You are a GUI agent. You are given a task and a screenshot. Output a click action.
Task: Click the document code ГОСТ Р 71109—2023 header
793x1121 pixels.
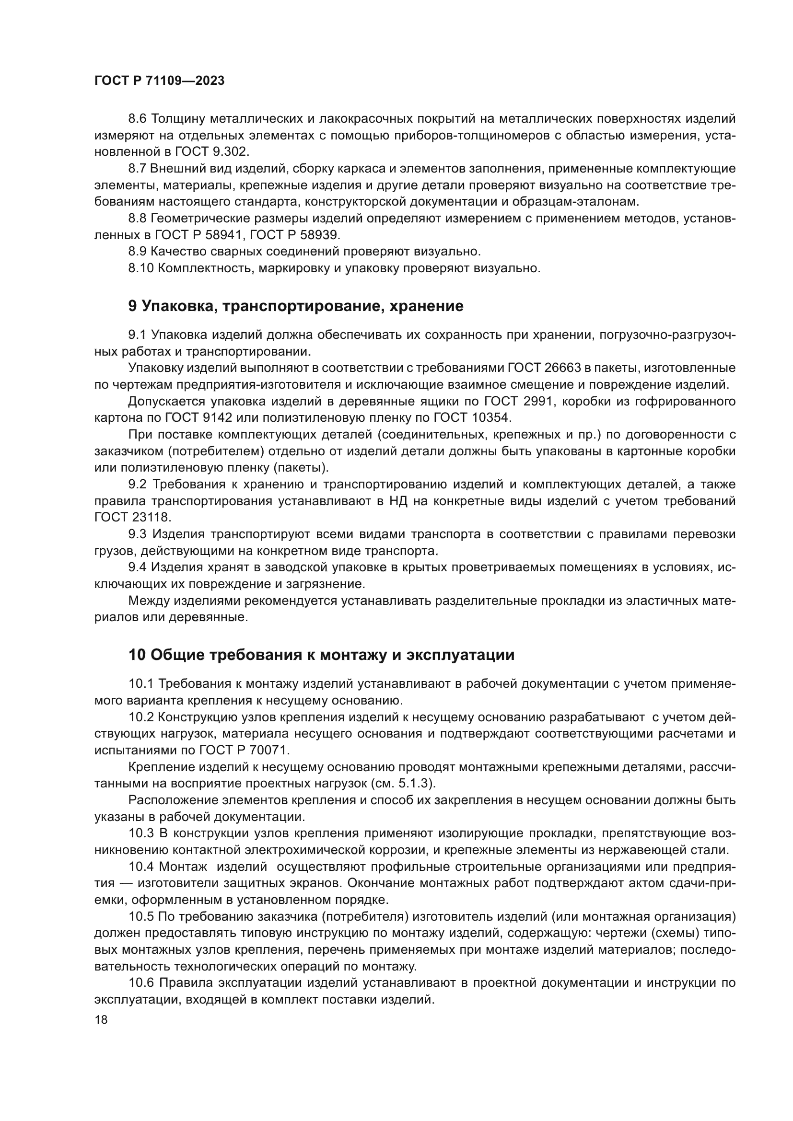point(159,81)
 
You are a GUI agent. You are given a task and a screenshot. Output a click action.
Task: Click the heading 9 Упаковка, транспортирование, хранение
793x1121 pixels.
point(295,306)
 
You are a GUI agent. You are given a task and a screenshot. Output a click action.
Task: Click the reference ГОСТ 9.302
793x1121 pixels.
point(210,152)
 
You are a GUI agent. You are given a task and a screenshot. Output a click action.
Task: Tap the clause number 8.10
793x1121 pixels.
point(140,268)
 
